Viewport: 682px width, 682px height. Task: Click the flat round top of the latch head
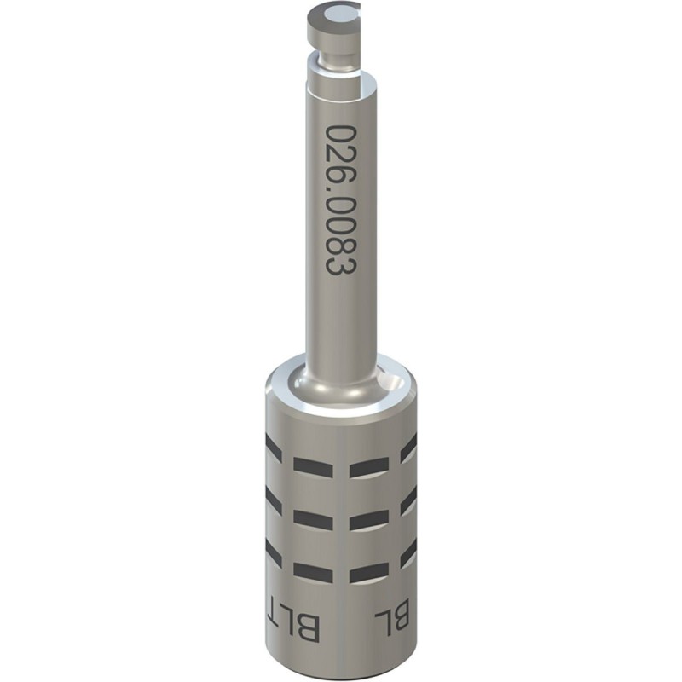click(334, 14)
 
